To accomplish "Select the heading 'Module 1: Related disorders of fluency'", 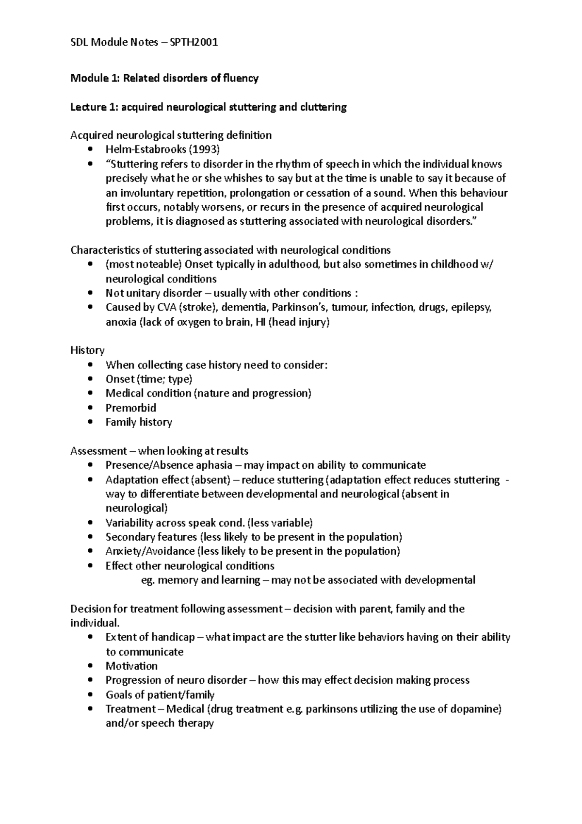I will (x=164, y=78).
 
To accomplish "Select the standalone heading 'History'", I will (x=87, y=350).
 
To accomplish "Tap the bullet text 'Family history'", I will (x=139, y=422).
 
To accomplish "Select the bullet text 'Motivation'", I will (x=131, y=666).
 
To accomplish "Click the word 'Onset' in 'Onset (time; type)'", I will (x=120, y=379).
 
